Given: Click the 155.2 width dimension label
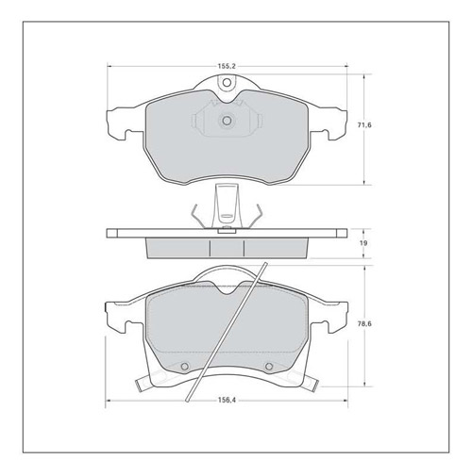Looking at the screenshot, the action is click(227, 66).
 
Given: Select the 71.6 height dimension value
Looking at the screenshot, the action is click(364, 125).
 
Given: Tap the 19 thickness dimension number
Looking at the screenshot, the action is click(364, 243).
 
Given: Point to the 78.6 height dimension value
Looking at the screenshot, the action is click(364, 323).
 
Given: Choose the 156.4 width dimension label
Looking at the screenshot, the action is click(227, 400).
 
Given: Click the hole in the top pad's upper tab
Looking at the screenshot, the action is click(227, 83).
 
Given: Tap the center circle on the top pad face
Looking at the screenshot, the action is click(227, 121).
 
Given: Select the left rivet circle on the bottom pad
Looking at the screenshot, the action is click(185, 367).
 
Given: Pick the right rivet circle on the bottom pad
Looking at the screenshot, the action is click(268, 367).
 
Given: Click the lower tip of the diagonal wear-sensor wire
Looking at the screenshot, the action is click(188, 401).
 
